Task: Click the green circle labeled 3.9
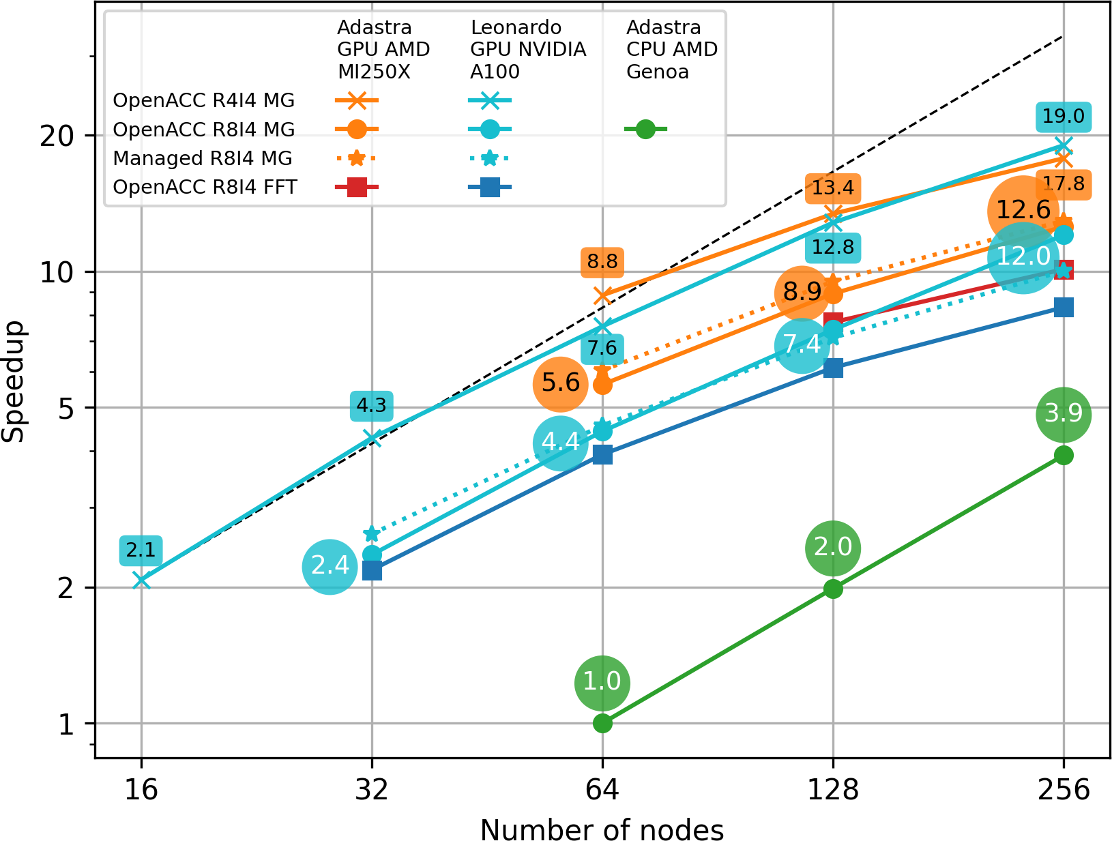[1064, 414]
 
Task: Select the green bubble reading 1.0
[602, 682]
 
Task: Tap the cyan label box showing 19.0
[1064, 117]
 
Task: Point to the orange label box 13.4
[833, 188]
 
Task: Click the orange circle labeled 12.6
[1023, 210]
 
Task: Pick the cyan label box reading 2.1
[141, 550]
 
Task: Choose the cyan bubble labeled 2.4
[330, 566]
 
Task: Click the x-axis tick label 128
[833, 790]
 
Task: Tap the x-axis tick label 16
[141, 790]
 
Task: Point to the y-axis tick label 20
[57, 136]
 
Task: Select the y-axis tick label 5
[66, 409]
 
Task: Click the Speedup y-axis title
[14, 381]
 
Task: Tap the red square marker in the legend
[357, 187]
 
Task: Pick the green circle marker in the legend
[645, 129]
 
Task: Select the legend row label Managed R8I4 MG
[203, 158]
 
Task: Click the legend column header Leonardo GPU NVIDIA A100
[527, 50]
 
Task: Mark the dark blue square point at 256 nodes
[1064, 308]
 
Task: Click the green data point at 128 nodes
[833, 589]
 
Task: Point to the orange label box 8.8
[602, 262]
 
